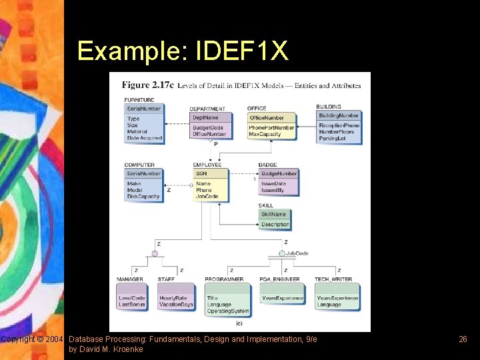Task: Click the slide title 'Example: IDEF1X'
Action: (183, 51)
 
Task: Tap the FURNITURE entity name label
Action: (139, 100)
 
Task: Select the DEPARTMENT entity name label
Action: (207, 109)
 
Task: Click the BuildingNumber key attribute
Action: (338, 115)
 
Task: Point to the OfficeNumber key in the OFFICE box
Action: (266, 118)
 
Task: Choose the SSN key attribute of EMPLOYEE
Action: (201, 173)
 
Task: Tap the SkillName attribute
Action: (273, 214)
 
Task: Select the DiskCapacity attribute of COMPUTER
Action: (143, 197)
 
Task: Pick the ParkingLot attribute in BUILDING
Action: (332, 139)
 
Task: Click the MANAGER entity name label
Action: (130, 279)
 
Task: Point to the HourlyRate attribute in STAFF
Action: (173, 298)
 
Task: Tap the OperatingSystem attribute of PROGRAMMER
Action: (228, 311)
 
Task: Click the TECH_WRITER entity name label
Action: (335, 279)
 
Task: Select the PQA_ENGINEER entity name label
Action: (280, 279)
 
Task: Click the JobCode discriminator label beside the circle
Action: (297, 253)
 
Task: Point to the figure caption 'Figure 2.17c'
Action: (147, 85)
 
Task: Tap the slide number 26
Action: (463, 339)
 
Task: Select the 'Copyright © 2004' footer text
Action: (33, 339)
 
